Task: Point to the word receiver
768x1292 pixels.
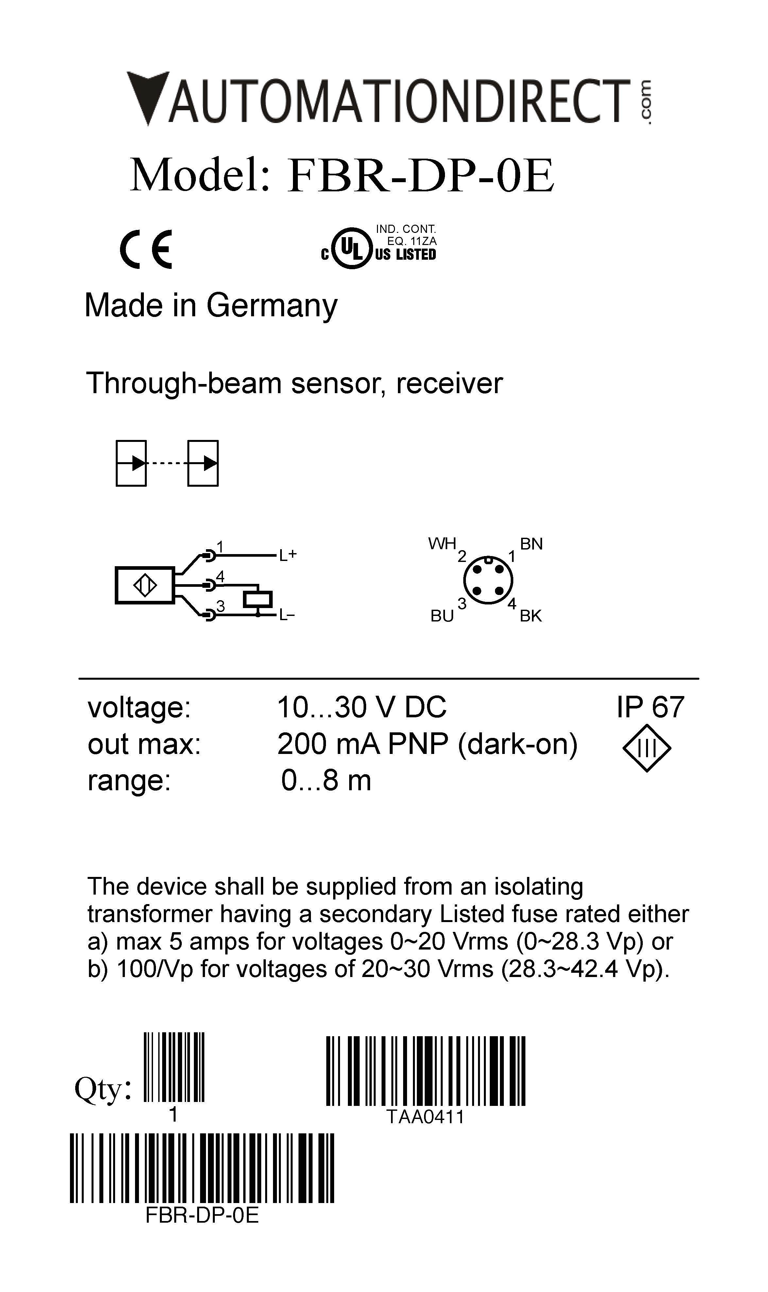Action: coord(449,384)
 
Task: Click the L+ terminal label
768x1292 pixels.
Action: coord(288,555)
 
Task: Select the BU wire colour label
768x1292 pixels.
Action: coord(442,616)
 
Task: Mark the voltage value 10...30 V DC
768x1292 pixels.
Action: coord(362,707)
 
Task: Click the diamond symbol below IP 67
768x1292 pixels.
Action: coord(647,748)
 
